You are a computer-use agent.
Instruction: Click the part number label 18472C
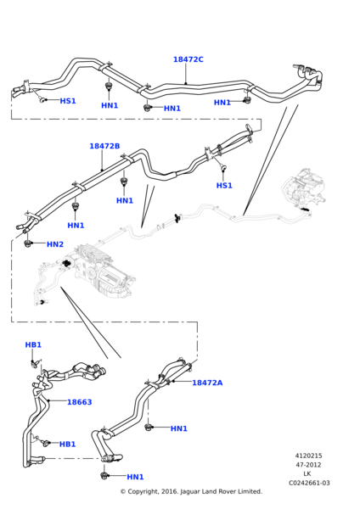tap(188, 59)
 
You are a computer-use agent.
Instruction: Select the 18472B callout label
tap(104, 146)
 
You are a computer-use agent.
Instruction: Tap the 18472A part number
tap(207, 383)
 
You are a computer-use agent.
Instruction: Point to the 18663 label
tap(79, 402)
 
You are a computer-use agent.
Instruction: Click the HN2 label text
tap(55, 244)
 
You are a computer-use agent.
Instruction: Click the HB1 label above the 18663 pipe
tap(33, 345)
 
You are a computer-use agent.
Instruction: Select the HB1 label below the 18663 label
tap(67, 444)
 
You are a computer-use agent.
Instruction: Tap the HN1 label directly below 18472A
tap(178, 428)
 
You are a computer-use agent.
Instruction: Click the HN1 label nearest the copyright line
tap(135, 477)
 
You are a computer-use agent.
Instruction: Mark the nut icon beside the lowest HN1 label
tap(106, 475)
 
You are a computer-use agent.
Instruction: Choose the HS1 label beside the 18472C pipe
tap(68, 101)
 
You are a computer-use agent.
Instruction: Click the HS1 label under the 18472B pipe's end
tap(224, 185)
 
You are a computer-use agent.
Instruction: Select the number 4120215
tap(308, 456)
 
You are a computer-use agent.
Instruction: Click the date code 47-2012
tap(308, 465)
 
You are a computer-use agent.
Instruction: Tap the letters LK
tap(308, 473)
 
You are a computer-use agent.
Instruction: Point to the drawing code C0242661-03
tap(308, 483)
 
